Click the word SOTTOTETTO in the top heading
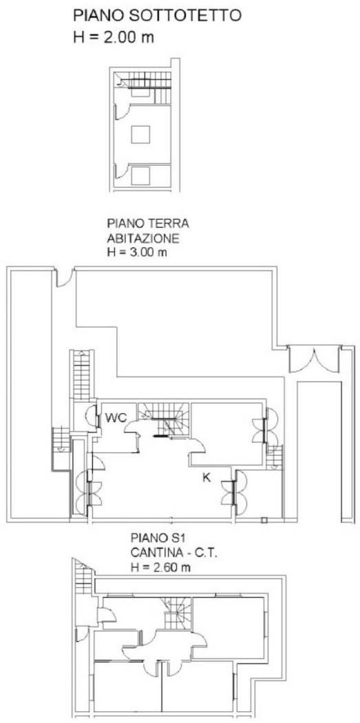click(192, 16)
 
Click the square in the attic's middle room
click(140, 135)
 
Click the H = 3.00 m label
click(136, 252)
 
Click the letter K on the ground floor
click(207, 477)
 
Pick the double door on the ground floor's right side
click(315, 359)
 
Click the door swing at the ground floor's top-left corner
click(64, 278)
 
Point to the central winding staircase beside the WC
click(164, 419)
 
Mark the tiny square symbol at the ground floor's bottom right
click(264, 520)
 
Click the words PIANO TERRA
click(148, 224)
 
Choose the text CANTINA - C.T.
click(173, 552)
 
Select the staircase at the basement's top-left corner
click(83, 577)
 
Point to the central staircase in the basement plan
click(178, 612)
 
